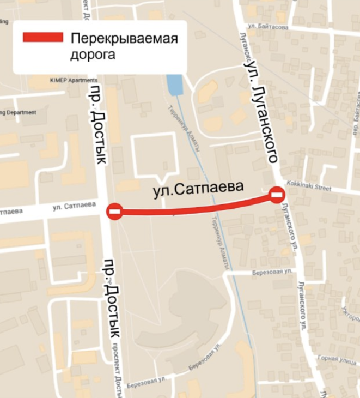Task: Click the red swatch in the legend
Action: (x=42, y=38)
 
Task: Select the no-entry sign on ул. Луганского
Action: (x=277, y=194)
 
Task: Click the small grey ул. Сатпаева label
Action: (x=74, y=206)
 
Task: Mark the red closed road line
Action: (x=196, y=207)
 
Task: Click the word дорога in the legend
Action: (x=94, y=55)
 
